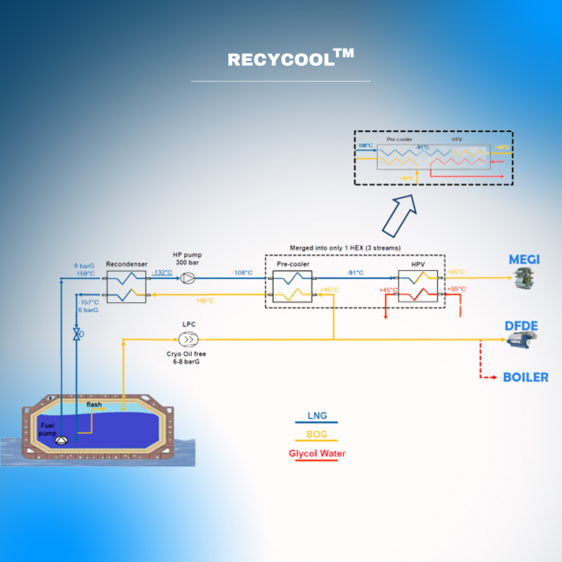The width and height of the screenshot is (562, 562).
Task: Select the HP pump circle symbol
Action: click(x=188, y=278)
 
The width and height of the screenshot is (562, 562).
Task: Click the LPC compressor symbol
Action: click(x=188, y=340)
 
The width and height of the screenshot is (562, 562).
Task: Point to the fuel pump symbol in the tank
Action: click(x=61, y=440)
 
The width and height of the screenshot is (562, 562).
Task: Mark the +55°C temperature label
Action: click(x=456, y=289)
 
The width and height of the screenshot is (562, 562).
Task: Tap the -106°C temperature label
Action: click(x=205, y=301)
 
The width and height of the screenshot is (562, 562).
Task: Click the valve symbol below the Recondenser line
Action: click(x=77, y=334)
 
